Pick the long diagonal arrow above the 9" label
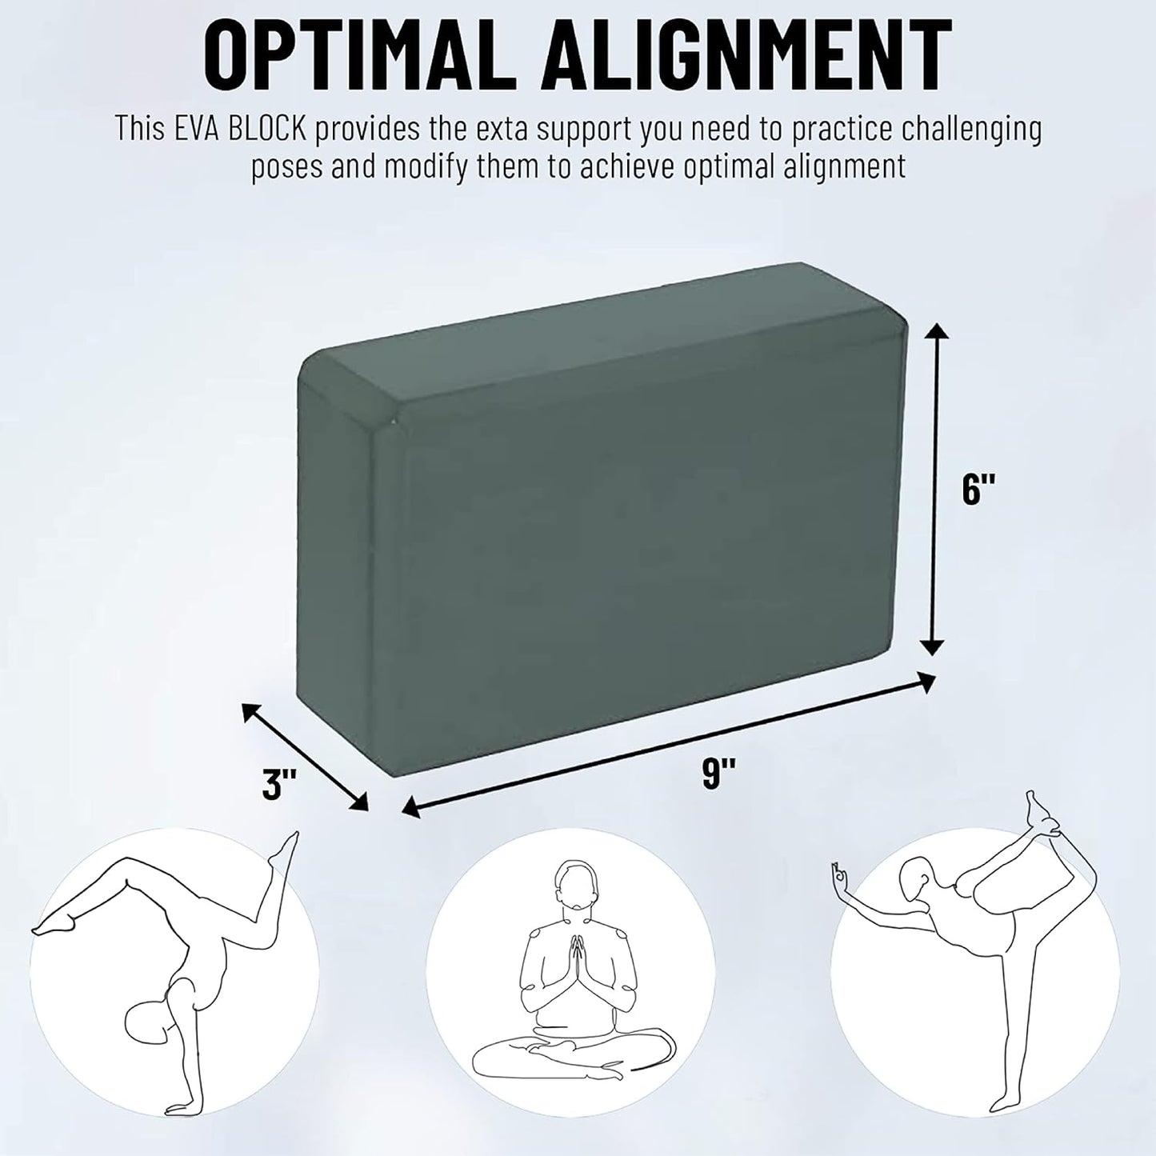pyautogui.click(x=669, y=746)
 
